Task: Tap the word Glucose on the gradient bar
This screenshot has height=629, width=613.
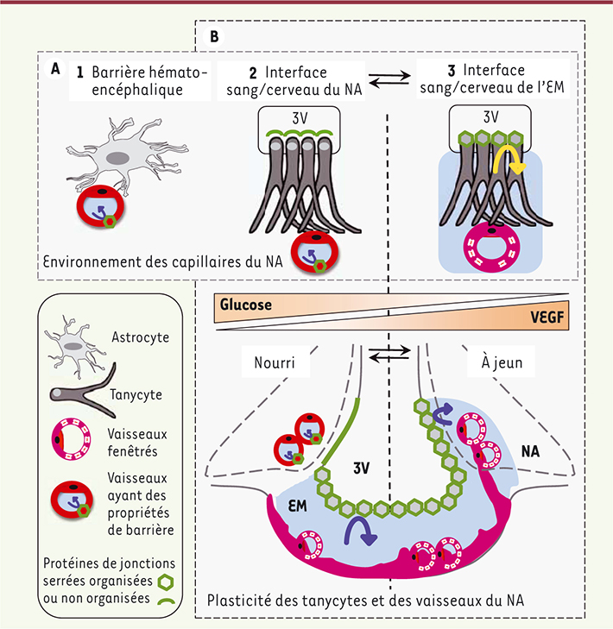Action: click(246, 305)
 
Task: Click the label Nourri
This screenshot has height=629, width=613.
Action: click(275, 363)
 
